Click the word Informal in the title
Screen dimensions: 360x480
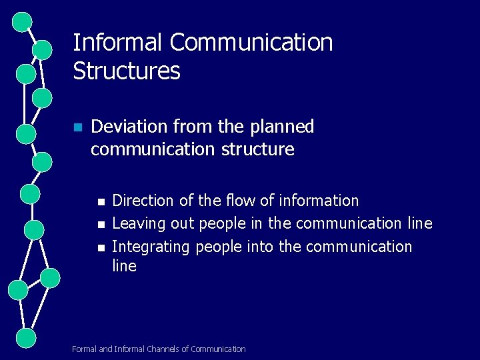pos(117,43)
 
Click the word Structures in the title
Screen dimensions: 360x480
pos(126,71)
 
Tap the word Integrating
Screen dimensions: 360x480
pos(151,247)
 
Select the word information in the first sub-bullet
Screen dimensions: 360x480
pos(319,201)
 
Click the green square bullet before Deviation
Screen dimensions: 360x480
pos(78,127)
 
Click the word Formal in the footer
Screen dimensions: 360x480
pos(84,349)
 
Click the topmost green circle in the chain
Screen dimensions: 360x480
pos(22,21)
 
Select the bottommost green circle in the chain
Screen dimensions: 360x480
pos(25,337)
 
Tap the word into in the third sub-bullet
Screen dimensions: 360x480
pos(260,247)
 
